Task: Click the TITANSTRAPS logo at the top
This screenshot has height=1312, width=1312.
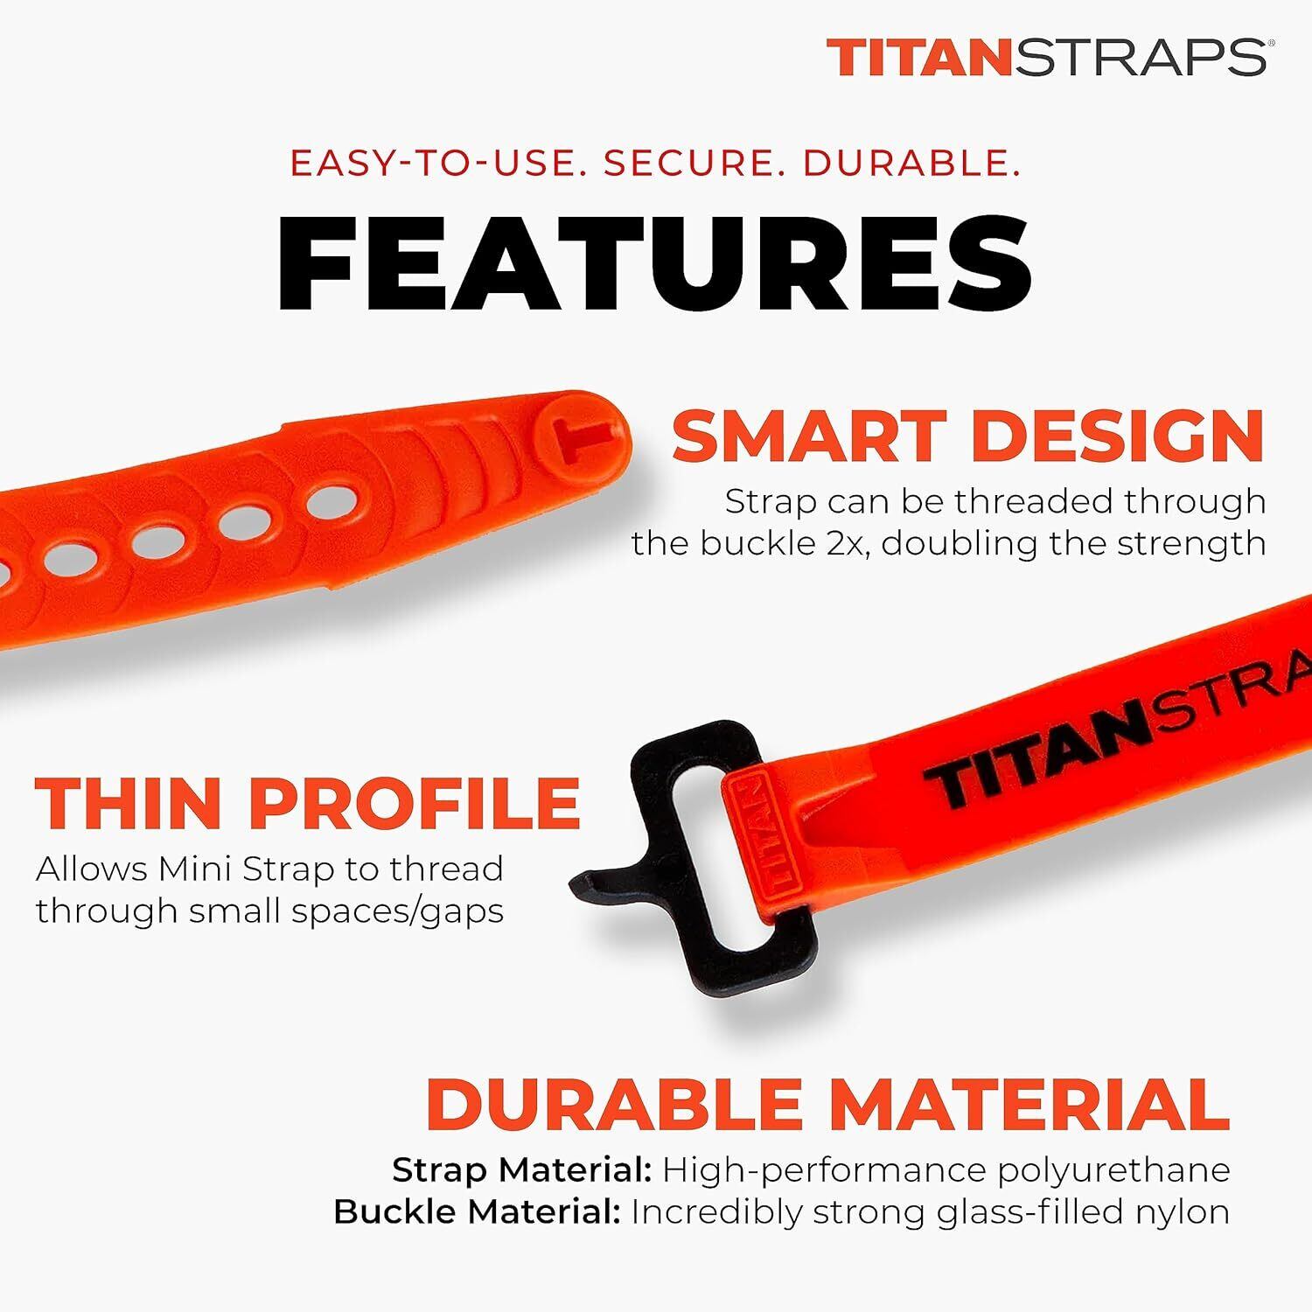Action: pos(1047,57)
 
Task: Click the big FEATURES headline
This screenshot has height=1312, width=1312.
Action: pos(654,263)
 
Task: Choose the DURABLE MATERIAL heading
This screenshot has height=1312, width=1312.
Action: pos(827,1105)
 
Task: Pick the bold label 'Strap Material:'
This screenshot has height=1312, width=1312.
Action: pos(522,1170)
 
